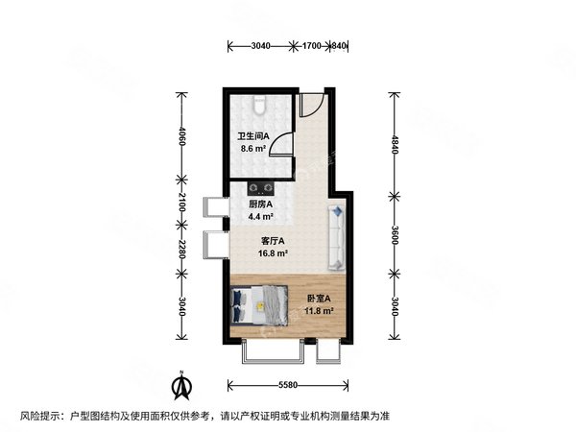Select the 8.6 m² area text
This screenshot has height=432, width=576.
[x=252, y=150]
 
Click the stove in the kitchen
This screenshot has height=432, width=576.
[x=262, y=188]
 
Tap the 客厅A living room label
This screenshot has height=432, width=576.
[x=273, y=242]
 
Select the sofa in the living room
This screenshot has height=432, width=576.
[x=337, y=235]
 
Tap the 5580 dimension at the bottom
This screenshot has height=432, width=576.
[x=283, y=385]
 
